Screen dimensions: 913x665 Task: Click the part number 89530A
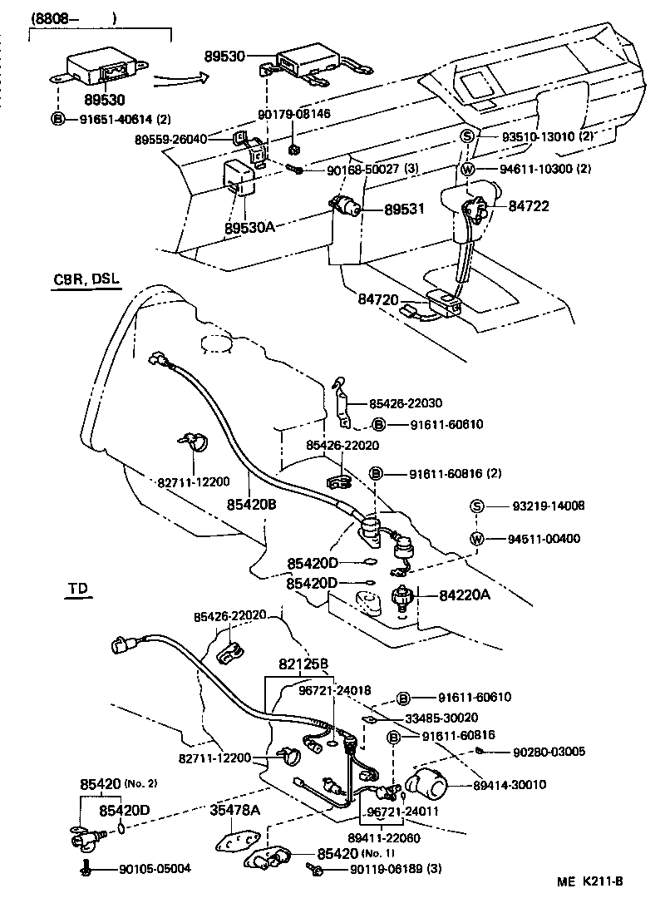[x=249, y=226]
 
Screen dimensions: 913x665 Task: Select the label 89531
[x=404, y=211]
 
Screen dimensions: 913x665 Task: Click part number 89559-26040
[x=171, y=140]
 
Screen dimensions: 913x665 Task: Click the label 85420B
[x=253, y=503]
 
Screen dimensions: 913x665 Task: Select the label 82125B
[x=304, y=664]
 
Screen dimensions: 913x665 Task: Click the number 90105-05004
[x=155, y=869]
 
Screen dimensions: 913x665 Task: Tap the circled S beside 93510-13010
[x=467, y=137]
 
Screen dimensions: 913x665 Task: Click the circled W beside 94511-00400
[x=476, y=539]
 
